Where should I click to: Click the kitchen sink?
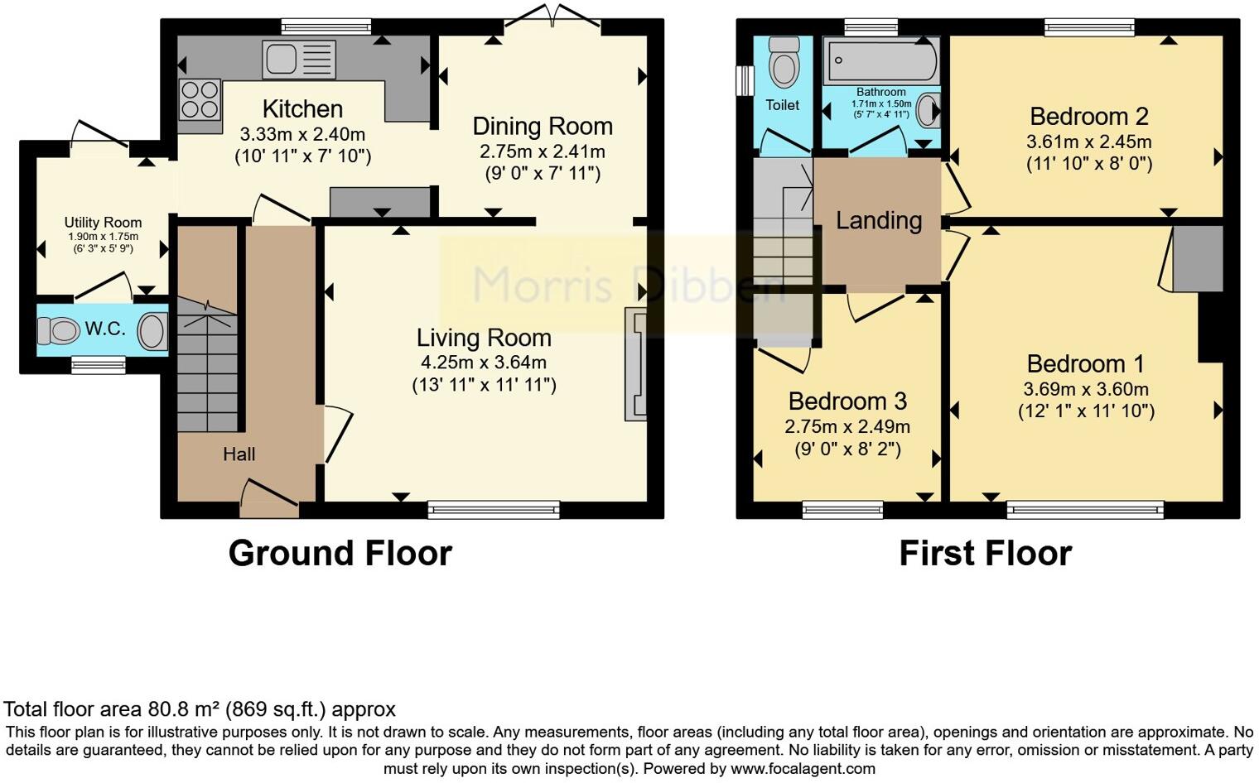pos(299,59)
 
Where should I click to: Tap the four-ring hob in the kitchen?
pos(200,100)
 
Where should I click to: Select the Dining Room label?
pos(543,127)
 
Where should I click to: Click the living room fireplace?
pos(635,364)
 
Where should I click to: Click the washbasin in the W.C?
pos(153,331)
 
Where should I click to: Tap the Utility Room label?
pos(103,223)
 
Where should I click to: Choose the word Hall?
pos(239,454)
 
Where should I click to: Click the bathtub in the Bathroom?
pos(880,60)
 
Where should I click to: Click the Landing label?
pos(879,221)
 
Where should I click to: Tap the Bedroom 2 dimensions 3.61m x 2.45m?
pos(1089,142)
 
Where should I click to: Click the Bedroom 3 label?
pos(847,401)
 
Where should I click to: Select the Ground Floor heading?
pos(340,553)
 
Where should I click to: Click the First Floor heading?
pos(986,553)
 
